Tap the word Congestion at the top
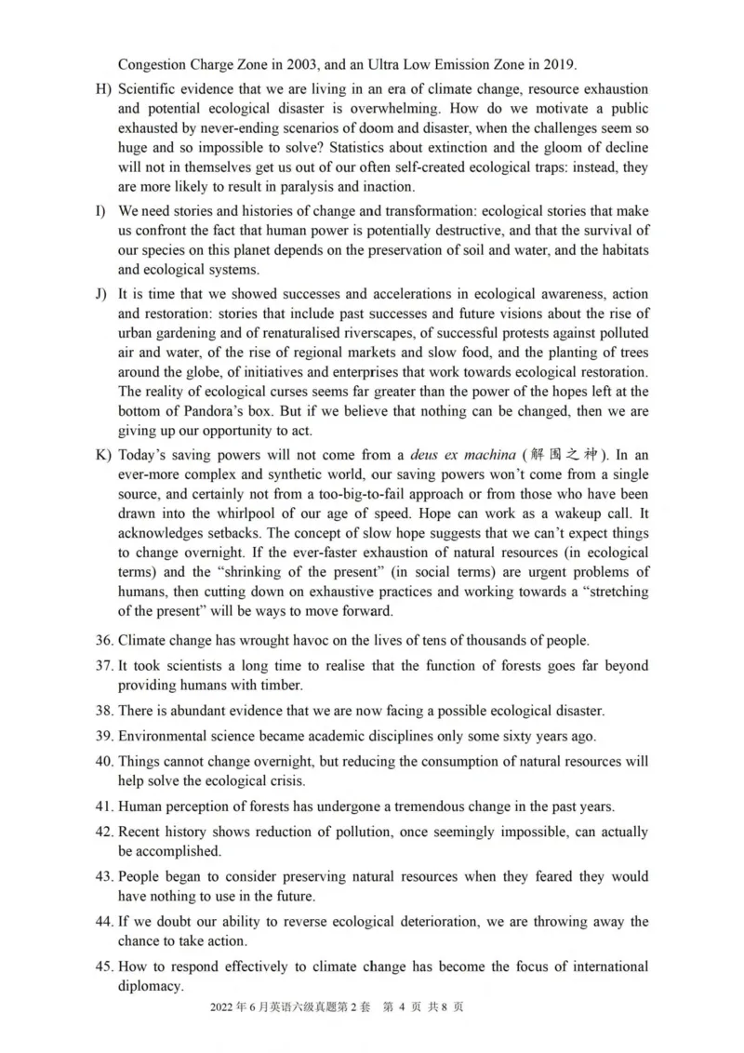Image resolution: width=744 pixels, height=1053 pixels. [x=153, y=65]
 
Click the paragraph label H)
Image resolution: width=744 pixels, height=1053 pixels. [x=103, y=89]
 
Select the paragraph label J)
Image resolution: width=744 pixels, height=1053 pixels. [x=102, y=293]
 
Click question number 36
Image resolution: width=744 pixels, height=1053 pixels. [x=104, y=640]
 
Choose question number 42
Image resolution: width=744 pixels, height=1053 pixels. [x=104, y=833]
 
